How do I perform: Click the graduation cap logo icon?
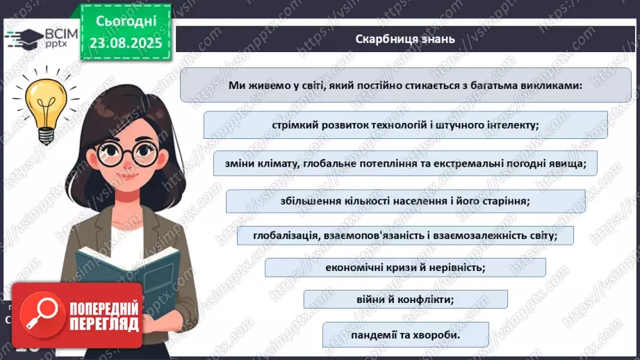pyautogui.click(x=22, y=38)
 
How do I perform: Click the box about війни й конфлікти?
pyautogui.click(x=405, y=300)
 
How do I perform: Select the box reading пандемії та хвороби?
pyautogui.click(x=404, y=336)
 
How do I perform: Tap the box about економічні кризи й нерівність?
pyautogui.click(x=405, y=268)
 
